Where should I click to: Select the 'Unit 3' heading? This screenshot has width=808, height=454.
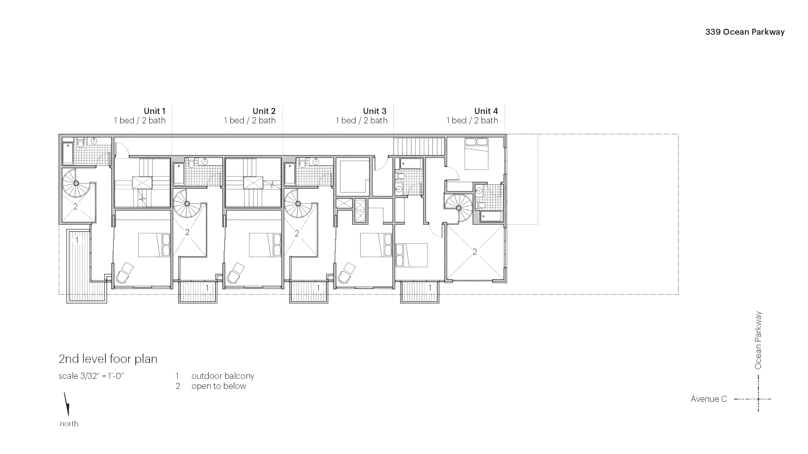coord(375,111)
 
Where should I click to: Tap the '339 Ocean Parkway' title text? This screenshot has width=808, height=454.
coord(745,32)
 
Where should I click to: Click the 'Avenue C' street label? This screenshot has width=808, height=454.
coord(708,399)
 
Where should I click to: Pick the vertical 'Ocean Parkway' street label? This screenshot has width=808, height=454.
coord(758,340)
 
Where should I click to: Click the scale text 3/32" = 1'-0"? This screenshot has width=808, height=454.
coord(91,376)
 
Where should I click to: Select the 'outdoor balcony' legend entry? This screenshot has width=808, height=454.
coord(223,376)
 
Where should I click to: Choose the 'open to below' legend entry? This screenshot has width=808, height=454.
coord(219,386)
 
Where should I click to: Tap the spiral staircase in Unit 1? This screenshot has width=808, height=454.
coord(76,183)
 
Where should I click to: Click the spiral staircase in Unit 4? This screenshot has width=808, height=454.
coord(458,207)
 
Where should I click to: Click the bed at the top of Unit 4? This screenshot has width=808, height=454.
coord(476,153)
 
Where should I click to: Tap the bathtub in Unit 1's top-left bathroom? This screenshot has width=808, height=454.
coord(68,153)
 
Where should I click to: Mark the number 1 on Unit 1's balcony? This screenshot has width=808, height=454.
coord(77,240)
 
